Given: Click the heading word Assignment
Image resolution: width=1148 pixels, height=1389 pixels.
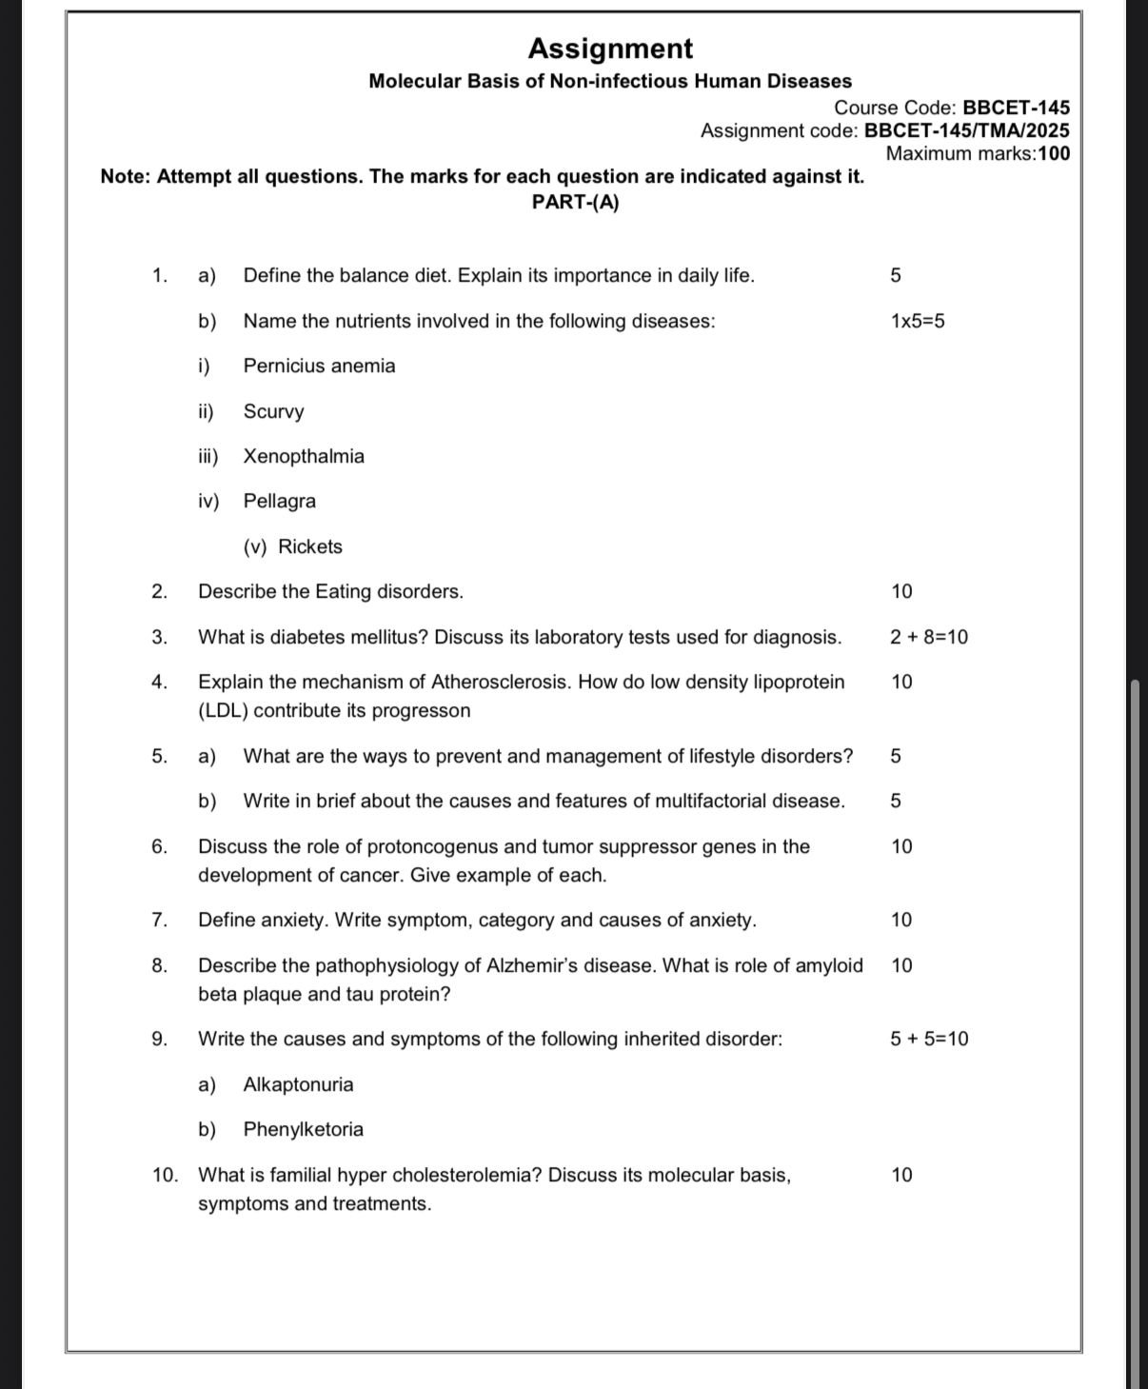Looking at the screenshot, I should pos(610,49).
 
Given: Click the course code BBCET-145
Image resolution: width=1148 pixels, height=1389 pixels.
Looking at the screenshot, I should pos(1016,108).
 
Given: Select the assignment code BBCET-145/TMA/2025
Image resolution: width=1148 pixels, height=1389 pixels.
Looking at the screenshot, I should pos(966,130).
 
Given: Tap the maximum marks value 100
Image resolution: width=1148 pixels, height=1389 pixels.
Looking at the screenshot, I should pos(1054,153).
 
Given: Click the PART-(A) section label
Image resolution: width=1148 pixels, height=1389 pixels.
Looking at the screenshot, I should pos(575,203).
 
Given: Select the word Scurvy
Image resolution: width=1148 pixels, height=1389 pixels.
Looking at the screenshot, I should pos(273,411).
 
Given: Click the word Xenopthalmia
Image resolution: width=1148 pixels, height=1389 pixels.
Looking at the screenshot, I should pos(304,456).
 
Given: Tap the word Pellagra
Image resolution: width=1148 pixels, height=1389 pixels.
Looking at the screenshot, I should pos(279,501).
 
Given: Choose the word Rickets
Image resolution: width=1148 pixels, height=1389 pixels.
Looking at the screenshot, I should pos(310,546).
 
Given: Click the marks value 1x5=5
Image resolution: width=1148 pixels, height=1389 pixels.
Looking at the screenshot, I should pos(918,321).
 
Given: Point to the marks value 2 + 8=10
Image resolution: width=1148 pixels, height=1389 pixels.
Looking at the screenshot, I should pos(929,637).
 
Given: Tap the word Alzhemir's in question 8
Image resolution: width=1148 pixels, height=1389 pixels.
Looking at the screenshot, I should pos(532,965).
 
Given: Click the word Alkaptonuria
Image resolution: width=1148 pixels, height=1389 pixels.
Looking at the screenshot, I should pos(298,1084).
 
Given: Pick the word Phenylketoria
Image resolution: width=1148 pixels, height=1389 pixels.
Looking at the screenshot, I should pos(303,1129).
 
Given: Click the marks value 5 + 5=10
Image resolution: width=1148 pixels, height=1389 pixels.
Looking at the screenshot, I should pos(929,1039).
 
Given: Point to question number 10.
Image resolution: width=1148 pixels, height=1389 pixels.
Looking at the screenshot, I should pos(164,1175).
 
